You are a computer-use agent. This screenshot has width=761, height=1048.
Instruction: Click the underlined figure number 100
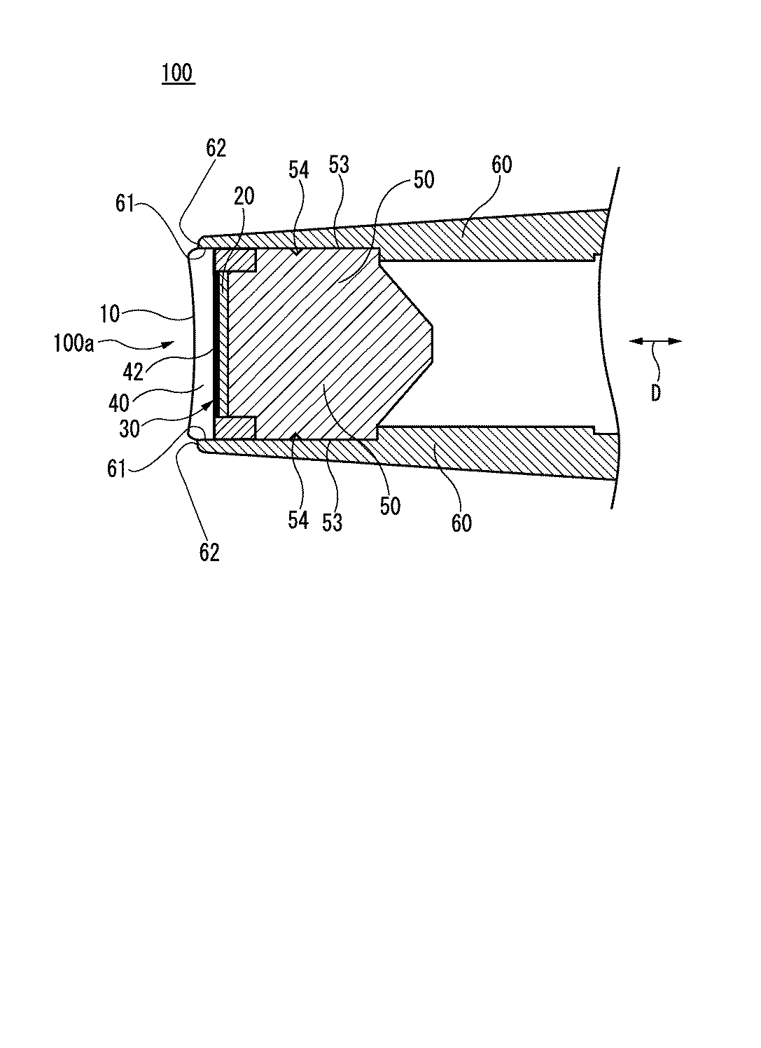tap(178, 73)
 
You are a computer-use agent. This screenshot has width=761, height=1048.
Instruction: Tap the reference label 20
tap(244, 197)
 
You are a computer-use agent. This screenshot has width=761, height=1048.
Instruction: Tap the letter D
tap(655, 394)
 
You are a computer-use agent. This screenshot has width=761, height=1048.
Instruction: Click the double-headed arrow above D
tap(655, 341)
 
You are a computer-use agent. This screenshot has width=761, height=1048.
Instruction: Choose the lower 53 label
tap(333, 522)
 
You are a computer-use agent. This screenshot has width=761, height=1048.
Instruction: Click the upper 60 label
tap(501, 165)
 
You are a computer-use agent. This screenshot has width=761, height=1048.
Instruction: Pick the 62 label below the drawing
tap(209, 552)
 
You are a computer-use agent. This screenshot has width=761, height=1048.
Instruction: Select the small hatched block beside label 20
tap(236, 261)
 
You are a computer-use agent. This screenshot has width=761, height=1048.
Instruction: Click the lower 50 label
tap(390, 505)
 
